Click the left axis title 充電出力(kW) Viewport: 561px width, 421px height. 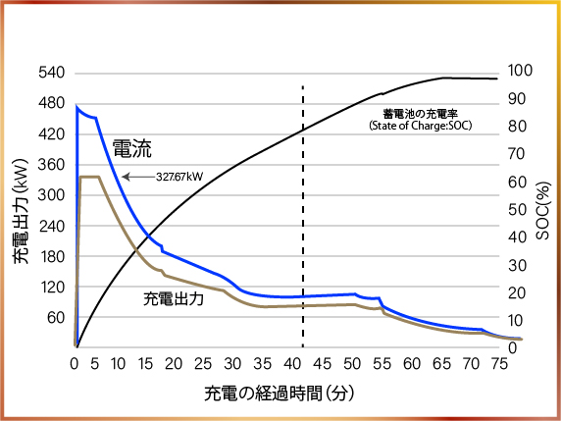coord(21,211)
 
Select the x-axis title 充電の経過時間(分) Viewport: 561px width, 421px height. coord(280,393)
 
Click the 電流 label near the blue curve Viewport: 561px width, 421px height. coord(131,148)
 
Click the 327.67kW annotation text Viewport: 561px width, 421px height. coord(178,177)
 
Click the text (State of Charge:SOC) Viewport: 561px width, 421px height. coord(417,127)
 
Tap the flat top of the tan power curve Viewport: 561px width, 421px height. coord(90,177)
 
